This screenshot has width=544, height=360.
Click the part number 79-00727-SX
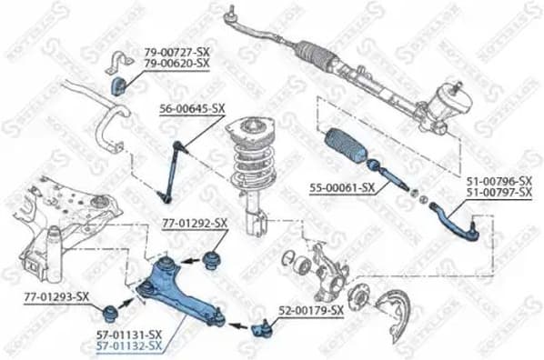[176, 53]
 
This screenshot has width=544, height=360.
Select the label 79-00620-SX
[176, 64]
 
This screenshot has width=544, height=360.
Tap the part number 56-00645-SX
[193, 107]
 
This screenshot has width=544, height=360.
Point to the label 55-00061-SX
[343, 188]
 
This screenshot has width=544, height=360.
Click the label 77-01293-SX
[56, 296]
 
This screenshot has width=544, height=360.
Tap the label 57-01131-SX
[130, 335]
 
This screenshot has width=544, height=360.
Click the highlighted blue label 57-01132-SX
[130, 345]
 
